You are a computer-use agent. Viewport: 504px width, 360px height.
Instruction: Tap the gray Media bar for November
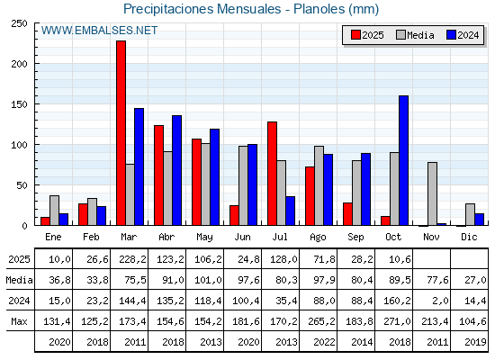(432, 193)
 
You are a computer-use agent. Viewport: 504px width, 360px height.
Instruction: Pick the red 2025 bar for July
(272, 174)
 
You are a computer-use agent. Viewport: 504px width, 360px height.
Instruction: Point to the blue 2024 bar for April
(176, 170)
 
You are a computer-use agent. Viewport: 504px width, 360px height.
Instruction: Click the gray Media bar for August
(319, 185)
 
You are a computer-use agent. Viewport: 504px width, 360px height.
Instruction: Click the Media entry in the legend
(414, 35)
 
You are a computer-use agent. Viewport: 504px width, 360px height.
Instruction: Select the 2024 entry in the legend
(462, 35)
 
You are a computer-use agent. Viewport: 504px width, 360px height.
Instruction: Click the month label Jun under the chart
(242, 236)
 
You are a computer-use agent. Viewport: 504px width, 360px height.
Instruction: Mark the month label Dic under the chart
(469, 236)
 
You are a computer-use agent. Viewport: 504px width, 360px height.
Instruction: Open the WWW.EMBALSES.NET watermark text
(99, 31)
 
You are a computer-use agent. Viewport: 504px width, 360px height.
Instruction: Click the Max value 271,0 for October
(393, 320)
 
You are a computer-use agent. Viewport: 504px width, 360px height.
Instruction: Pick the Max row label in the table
(18, 320)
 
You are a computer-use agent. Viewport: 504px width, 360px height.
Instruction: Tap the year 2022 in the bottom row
(318, 342)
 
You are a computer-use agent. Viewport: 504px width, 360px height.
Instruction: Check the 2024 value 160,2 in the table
(393, 301)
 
